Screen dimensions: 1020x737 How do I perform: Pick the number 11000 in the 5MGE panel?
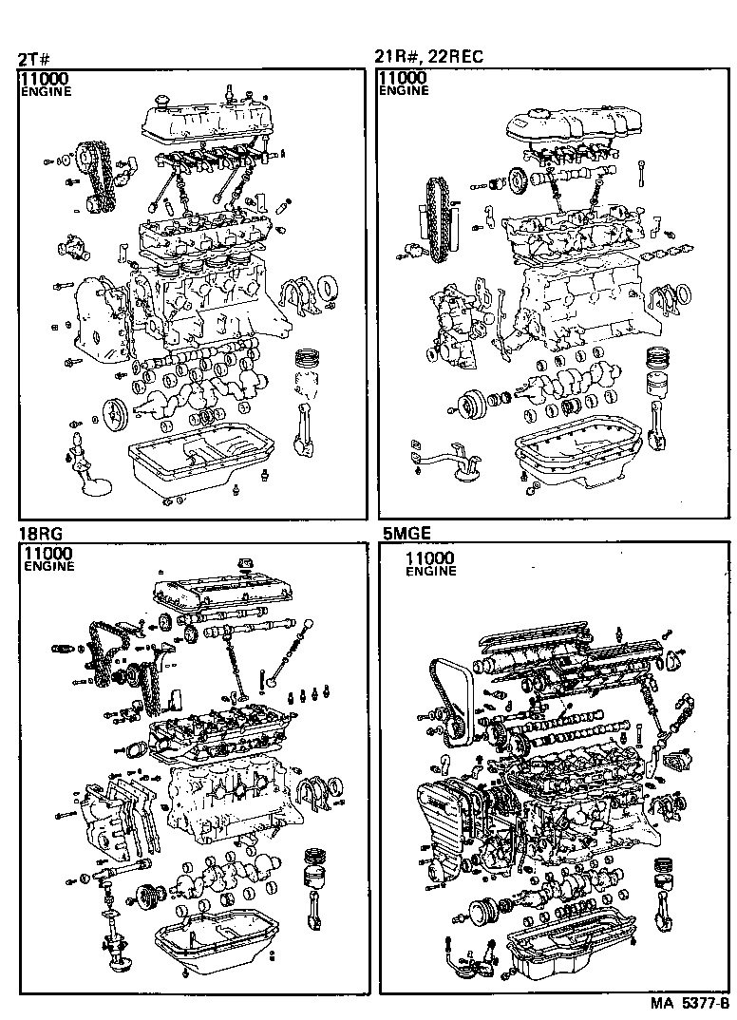pos(429,558)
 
